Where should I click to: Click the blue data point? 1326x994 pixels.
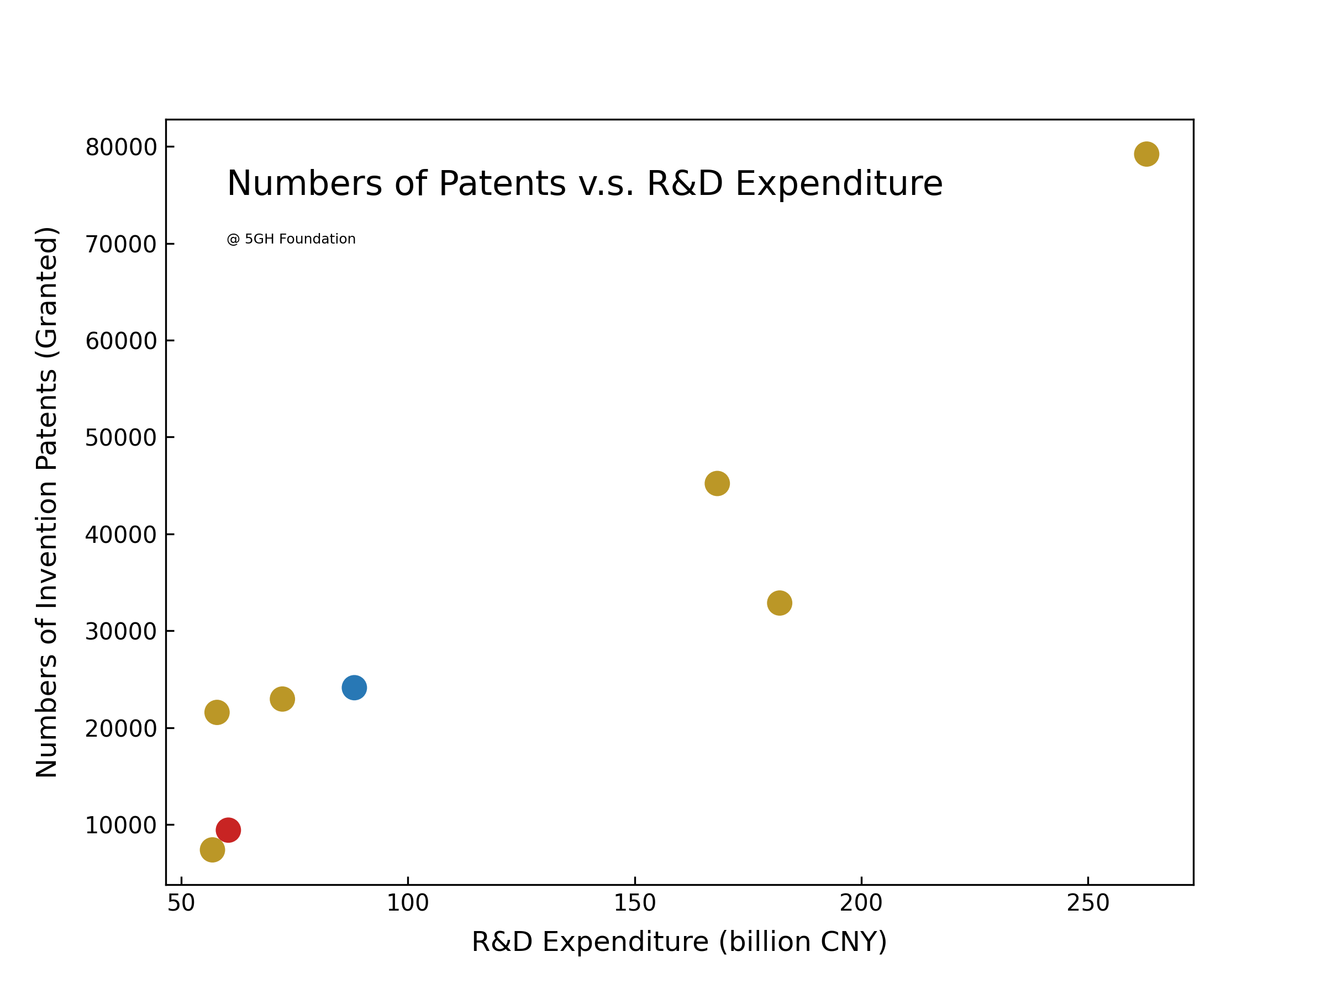tap(354, 687)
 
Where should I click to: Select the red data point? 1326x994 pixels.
tap(228, 830)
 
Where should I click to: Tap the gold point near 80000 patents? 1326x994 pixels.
tap(1146, 154)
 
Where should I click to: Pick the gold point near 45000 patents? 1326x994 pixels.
tap(717, 484)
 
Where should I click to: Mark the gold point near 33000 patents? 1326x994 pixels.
tap(779, 603)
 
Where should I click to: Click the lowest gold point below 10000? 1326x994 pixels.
tap(212, 850)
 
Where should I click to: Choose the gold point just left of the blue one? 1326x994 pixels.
tap(282, 699)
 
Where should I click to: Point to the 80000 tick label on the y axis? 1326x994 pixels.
tap(121, 147)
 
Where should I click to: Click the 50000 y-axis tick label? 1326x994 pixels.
tap(121, 437)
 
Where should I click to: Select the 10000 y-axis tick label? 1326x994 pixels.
tap(121, 825)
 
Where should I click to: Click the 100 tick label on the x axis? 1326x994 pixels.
tap(408, 903)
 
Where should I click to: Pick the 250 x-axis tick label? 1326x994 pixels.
tap(1088, 903)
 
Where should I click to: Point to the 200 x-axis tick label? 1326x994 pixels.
tap(861, 903)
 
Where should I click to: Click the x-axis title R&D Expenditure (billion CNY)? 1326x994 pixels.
tap(679, 942)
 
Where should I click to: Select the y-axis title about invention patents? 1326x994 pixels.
tap(47, 502)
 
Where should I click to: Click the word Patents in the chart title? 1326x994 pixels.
tap(502, 183)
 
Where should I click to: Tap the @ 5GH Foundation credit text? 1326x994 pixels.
tap(291, 239)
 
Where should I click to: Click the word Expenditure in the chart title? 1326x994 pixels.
tap(839, 183)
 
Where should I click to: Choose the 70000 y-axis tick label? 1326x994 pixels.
tap(121, 244)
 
